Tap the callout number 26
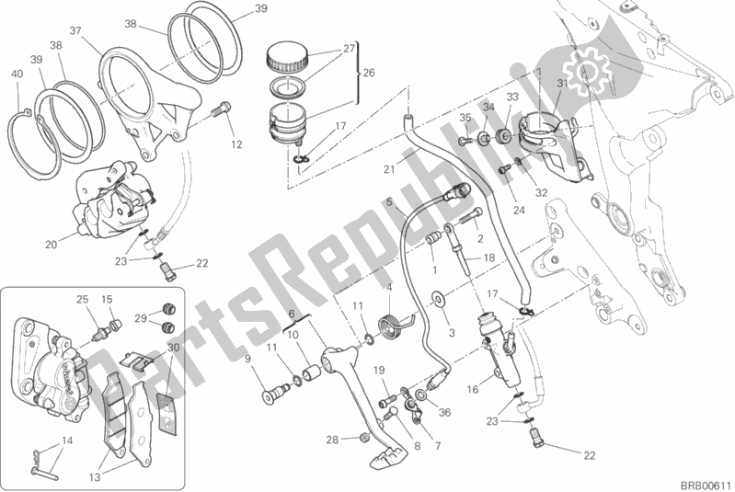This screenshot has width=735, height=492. point(369,72)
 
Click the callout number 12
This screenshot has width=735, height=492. point(236,144)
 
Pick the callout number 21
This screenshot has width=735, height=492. point(389,170)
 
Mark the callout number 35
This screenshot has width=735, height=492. point(465,117)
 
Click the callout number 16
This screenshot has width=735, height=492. point(472,390)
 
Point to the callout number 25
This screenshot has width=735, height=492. point(82,299)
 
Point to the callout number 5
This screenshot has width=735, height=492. point(389,201)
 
